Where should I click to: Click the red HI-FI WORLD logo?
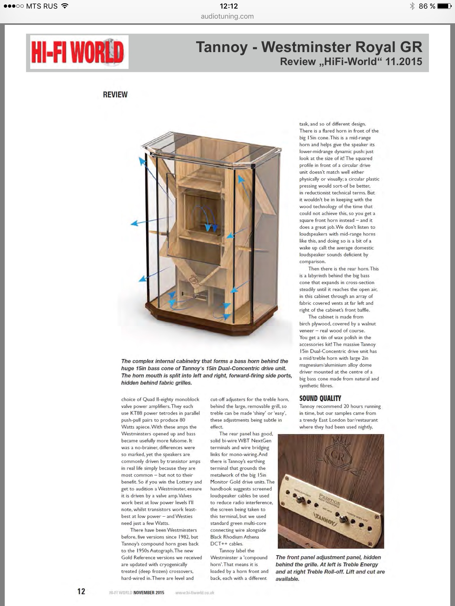point(78,52)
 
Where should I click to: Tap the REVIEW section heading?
point(115,95)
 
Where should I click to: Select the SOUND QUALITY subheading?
point(320,398)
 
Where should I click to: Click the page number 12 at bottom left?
point(81,591)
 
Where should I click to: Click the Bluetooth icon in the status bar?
point(412,6)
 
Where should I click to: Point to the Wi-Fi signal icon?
point(64,6)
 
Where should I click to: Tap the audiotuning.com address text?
point(227,17)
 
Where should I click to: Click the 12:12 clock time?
point(229,6)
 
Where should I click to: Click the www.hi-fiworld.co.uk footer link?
point(195,593)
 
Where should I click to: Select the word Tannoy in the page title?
point(222,47)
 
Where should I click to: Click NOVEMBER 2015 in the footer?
point(149,593)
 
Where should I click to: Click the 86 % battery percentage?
point(427,6)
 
